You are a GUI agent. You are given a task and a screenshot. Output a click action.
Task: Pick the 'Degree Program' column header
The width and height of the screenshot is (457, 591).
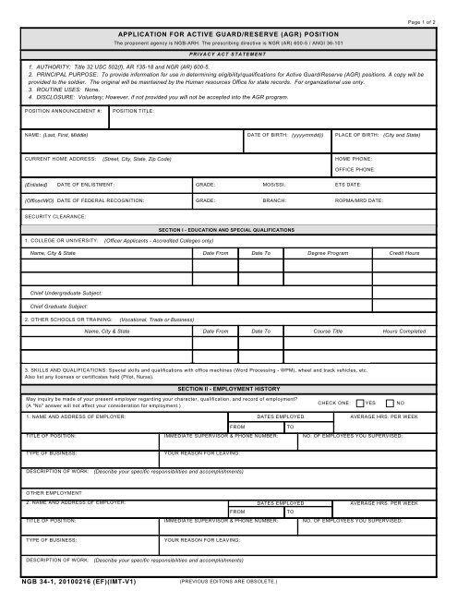coord(328,252)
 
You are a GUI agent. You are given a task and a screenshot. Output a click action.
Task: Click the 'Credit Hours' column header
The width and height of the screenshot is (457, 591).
coord(404,252)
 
